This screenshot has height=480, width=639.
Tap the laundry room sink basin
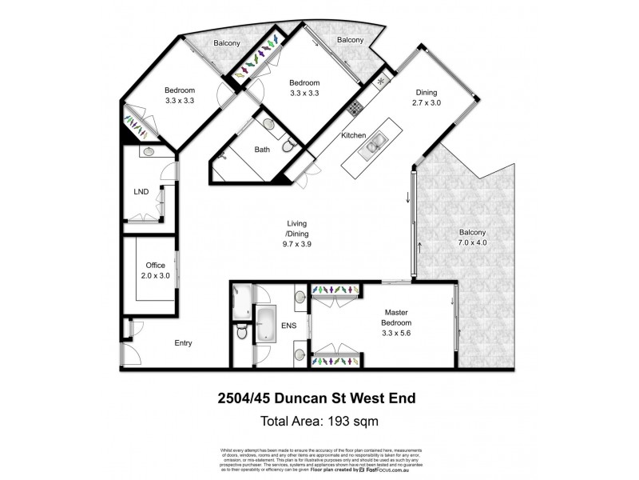149,150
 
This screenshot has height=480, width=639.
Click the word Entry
184,342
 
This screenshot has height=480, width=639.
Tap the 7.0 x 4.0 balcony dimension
472,242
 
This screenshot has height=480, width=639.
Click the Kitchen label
354,136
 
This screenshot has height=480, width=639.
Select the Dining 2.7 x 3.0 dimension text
426,103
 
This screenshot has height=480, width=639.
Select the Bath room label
262,149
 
